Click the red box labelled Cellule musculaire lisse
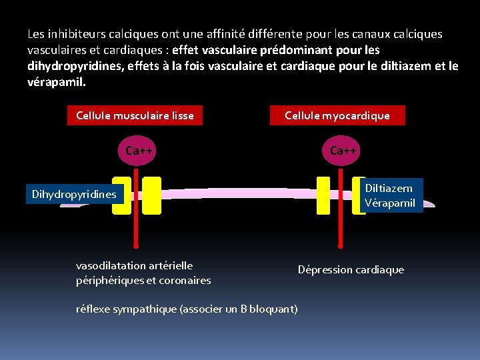point(135,116)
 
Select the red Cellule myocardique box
point(337,116)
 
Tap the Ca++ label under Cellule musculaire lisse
point(139,151)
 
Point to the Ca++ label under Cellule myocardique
point(343,151)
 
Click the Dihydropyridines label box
point(74,195)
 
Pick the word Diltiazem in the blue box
point(389,189)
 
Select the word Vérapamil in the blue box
point(390,203)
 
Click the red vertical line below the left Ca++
point(135,220)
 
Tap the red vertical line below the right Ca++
point(340,220)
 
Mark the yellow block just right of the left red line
point(152,195)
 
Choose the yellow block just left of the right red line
point(323,195)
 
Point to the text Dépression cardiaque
point(351,270)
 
